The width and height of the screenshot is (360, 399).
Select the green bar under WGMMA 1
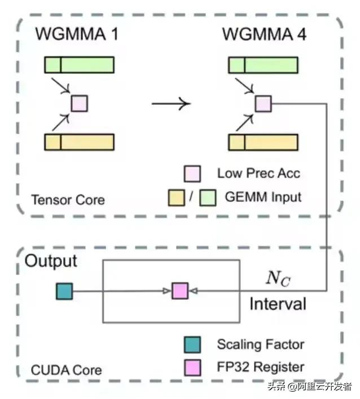click(x=80, y=65)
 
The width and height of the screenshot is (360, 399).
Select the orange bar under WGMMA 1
click(x=80, y=142)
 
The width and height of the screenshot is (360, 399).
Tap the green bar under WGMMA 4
click(x=263, y=65)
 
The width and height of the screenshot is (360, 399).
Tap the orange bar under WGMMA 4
click(x=263, y=142)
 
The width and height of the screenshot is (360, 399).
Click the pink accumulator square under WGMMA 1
click(x=79, y=103)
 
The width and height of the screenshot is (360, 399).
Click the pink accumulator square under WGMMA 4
click(x=263, y=103)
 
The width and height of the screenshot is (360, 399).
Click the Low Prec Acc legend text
click(x=258, y=173)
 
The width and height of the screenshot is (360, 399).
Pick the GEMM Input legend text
click(x=263, y=197)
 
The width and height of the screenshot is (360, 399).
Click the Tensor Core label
click(x=68, y=200)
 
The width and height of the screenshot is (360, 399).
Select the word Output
click(x=51, y=261)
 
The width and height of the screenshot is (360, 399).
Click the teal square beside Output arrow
click(x=64, y=291)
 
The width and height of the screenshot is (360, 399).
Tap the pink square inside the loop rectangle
click(x=179, y=291)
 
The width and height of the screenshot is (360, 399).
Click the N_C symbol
click(x=278, y=278)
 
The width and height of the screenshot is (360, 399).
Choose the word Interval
click(x=278, y=304)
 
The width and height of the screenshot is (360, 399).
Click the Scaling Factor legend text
click(x=261, y=344)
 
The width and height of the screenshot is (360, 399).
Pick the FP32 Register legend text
click(x=261, y=367)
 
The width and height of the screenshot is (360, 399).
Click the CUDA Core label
click(x=67, y=370)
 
